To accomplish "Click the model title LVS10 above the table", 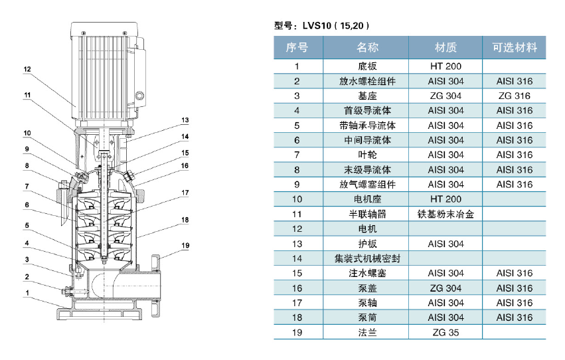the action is [x=317, y=26].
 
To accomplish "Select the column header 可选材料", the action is [x=515, y=47].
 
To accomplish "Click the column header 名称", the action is [x=368, y=47].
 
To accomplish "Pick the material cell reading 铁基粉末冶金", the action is [x=445, y=214].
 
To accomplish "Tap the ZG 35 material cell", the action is [x=445, y=332].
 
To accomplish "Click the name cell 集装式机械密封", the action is [x=368, y=258].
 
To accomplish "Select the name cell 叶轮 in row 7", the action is [x=368, y=155].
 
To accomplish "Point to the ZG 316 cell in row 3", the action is [x=515, y=96].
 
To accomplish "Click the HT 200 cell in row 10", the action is [x=445, y=199].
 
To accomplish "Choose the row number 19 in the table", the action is [x=297, y=332].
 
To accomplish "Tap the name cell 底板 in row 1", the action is [x=368, y=66].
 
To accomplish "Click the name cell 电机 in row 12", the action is [x=368, y=229].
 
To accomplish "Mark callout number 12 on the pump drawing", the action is [x=27, y=69].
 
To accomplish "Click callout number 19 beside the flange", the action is [x=185, y=245].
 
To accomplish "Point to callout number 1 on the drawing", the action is [x=27, y=293].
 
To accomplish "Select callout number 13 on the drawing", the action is [x=185, y=120].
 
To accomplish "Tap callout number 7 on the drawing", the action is [x=27, y=186].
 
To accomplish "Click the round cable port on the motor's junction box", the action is [x=139, y=96].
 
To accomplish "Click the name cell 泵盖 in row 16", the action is [x=368, y=288].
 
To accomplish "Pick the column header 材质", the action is [x=445, y=47].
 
